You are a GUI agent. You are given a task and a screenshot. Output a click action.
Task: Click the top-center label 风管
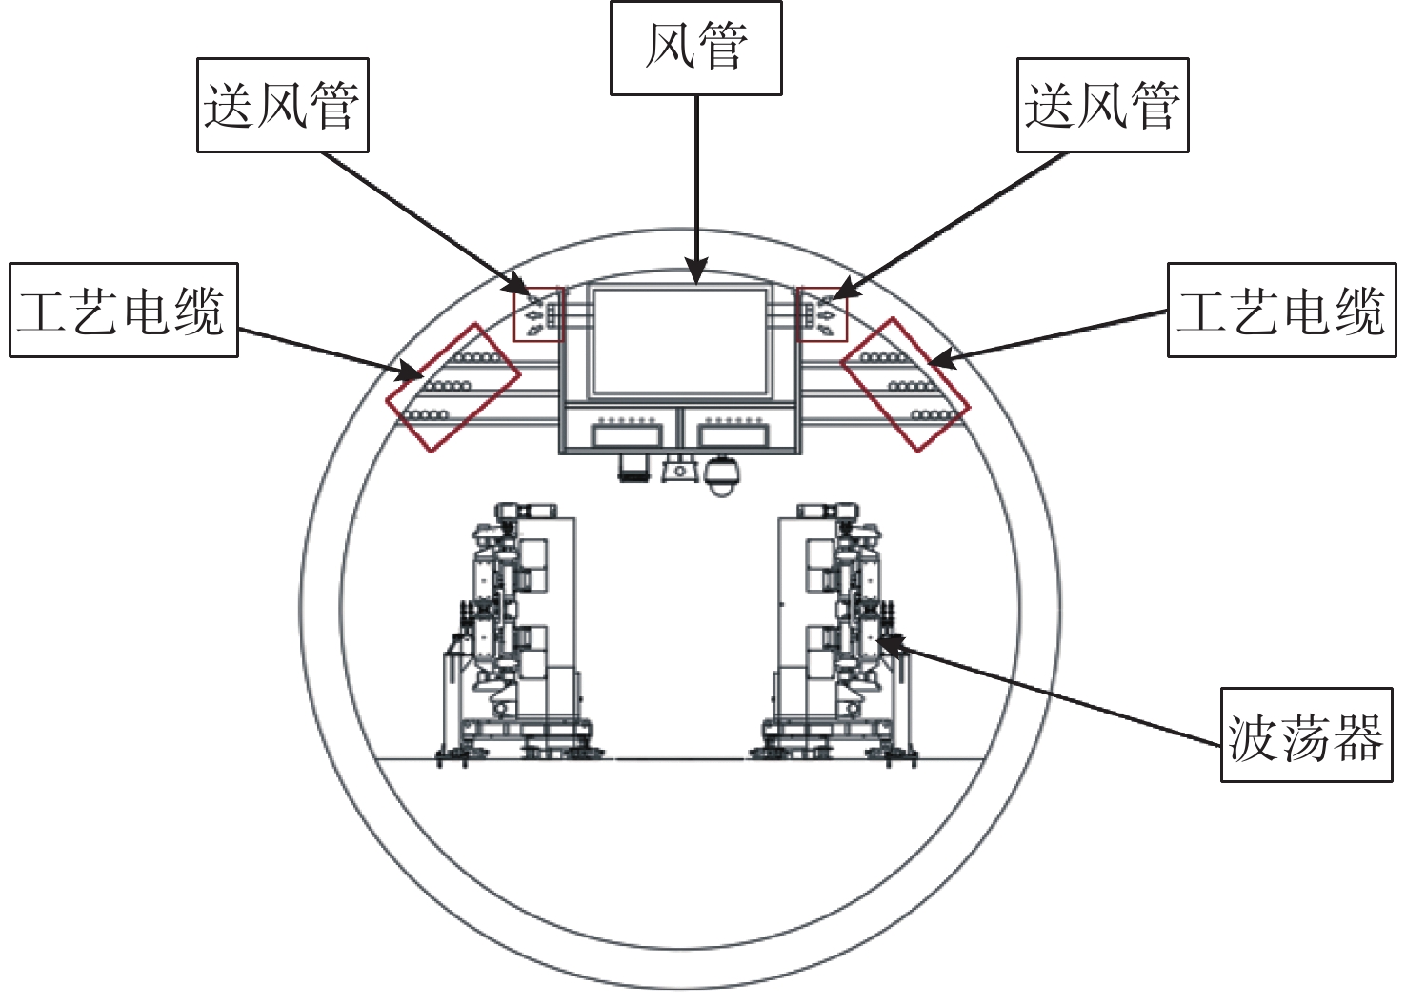coord(696,48)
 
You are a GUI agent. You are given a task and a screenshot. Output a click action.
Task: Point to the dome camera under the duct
coord(722,477)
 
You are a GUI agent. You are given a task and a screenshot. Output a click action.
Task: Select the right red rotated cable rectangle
coord(841,363)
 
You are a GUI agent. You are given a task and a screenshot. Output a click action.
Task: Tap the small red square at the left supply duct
coord(514,314)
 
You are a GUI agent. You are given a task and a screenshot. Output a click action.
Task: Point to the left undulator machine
coord(518,634)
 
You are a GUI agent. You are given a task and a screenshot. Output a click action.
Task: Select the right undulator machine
coord(834,634)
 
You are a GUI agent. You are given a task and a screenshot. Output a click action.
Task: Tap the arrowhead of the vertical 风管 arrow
coord(696,276)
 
